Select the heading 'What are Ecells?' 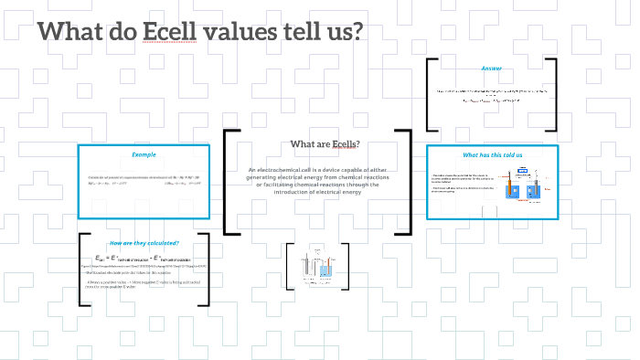(x=325, y=144)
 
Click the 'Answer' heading (x=492, y=69)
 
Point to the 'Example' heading (x=144, y=154)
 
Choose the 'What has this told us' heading (x=492, y=154)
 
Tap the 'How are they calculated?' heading (x=144, y=243)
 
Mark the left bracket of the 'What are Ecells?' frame (x=229, y=182)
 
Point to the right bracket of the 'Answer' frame (x=552, y=94)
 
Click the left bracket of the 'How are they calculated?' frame (x=85, y=271)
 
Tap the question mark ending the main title (x=356, y=31)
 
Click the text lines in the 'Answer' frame (x=491, y=91)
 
